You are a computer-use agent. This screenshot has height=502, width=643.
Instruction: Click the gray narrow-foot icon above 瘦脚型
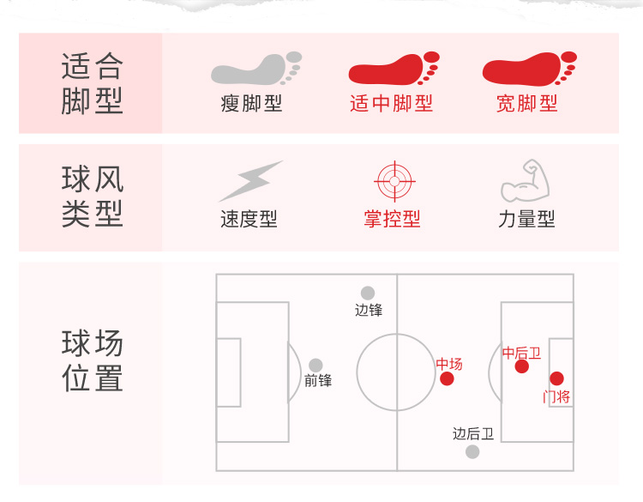[x=255, y=69]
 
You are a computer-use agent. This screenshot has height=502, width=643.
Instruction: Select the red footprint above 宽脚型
[x=528, y=69]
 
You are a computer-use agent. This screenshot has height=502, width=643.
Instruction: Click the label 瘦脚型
[x=251, y=105]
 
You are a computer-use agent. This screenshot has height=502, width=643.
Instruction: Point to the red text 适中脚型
[x=392, y=105]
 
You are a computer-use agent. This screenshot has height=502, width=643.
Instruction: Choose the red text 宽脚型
[x=527, y=105]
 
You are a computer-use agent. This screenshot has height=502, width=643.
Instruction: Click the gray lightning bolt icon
[x=250, y=181]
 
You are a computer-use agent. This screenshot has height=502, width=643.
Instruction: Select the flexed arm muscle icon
[x=524, y=180]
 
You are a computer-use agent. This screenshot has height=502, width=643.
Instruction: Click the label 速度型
[x=249, y=220]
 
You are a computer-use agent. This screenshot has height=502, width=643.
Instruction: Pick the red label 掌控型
[x=392, y=220]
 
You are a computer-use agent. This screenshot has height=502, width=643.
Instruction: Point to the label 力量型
[x=526, y=220]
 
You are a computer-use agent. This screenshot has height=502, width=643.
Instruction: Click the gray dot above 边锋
[x=368, y=293]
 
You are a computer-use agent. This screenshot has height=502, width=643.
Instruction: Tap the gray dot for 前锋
[x=316, y=366]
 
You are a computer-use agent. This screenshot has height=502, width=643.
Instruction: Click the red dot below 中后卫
[x=521, y=367]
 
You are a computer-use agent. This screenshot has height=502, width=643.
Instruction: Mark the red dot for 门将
[x=556, y=378]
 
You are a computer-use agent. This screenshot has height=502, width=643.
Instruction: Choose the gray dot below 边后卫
[x=472, y=451]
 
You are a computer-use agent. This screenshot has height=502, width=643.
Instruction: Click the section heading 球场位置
[x=93, y=361]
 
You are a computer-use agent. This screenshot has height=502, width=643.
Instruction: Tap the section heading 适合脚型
[x=93, y=83]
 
